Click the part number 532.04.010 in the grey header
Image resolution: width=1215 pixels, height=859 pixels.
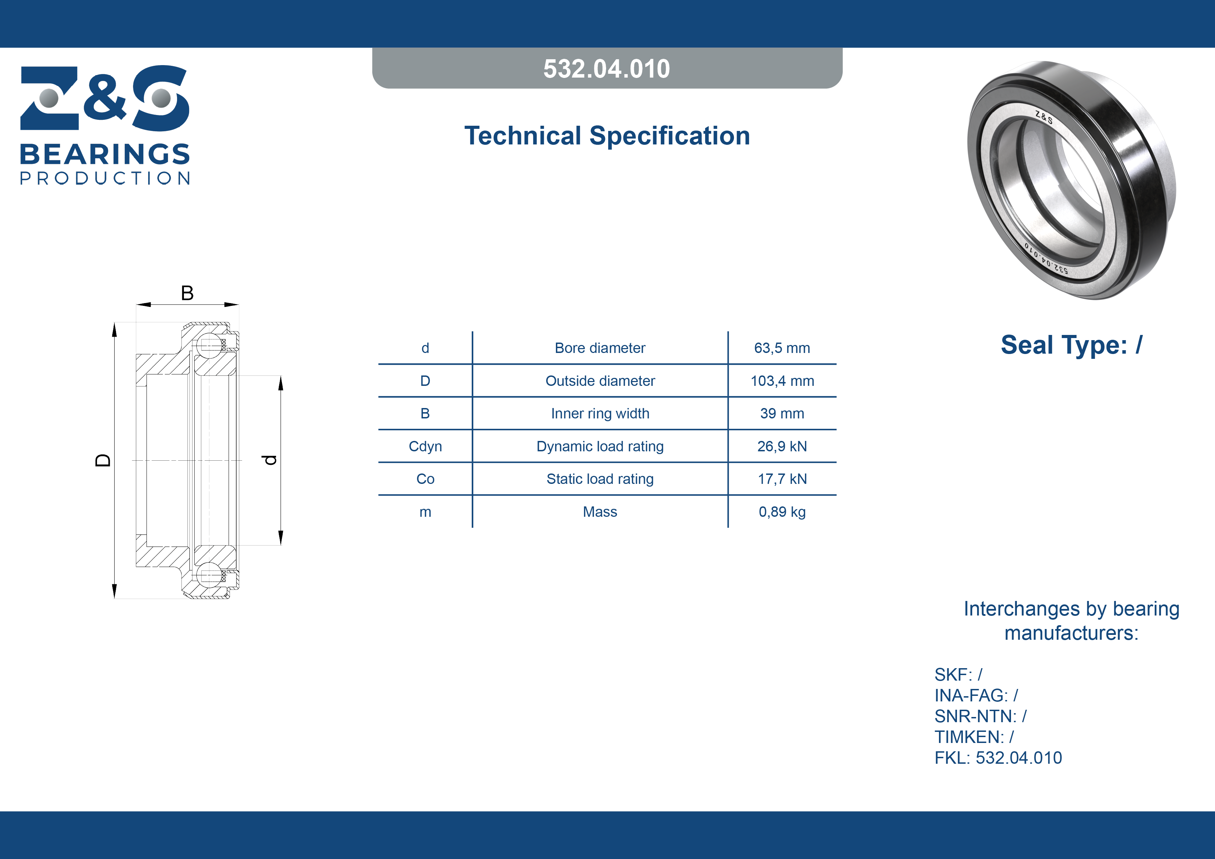click(606, 69)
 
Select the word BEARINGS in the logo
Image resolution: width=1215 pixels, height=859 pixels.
click(105, 154)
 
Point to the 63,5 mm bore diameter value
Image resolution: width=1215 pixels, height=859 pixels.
click(782, 348)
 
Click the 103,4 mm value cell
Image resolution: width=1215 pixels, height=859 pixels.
click(782, 381)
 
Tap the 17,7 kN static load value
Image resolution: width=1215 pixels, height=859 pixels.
click(782, 479)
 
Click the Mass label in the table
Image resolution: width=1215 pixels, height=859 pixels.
click(600, 512)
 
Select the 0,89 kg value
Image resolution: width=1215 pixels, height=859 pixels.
click(782, 512)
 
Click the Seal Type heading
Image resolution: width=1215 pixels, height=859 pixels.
click(1072, 345)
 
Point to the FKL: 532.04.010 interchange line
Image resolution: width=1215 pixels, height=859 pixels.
click(998, 758)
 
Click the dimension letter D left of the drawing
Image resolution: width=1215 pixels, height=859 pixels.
click(103, 460)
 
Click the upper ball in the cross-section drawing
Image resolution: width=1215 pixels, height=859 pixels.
click(209, 346)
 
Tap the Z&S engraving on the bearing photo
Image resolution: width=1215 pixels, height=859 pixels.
click(1044, 117)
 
